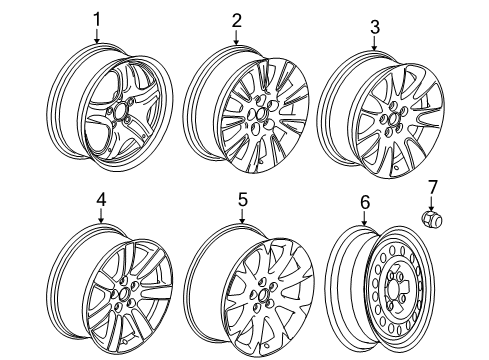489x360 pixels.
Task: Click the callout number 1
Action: click(x=97, y=17)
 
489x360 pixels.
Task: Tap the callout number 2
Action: click(x=236, y=19)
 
